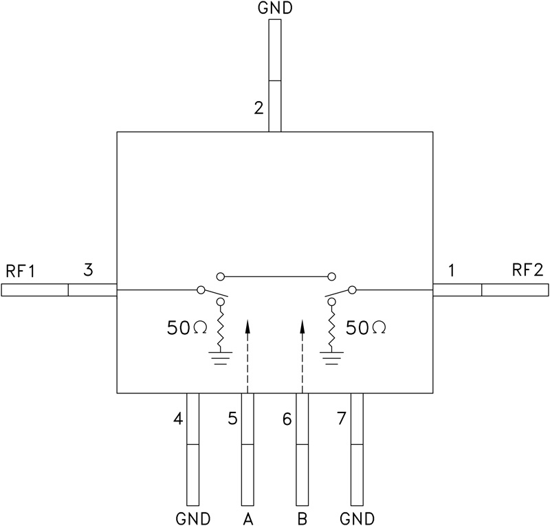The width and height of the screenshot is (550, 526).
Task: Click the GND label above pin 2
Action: pyautogui.click(x=274, y=8)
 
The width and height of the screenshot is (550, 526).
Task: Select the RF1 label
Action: pyautogui.click(x=21, y=270)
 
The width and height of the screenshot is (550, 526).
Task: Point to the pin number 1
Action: pyautogui.click(x=451, y=270)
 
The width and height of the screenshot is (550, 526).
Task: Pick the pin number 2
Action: pyautogui.click(x=258, y=108)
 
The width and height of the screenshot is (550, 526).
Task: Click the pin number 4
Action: pyautogui.click(x=178, y=418)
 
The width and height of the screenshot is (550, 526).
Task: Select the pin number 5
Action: pyautogui.click(x=233, y=418)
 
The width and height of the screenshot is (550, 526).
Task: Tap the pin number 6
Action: pyautogui.click(x=287, y=418)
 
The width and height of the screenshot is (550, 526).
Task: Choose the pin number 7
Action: pyautogui.click(x=342, y=418)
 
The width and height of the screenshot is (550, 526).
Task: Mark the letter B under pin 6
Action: pyautogui.click(x=302, y=518)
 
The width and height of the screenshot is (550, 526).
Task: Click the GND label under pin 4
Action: pyautogui.click(x=192, y=518)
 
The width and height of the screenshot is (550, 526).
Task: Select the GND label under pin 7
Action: pyautogui.click(x=357, y=518)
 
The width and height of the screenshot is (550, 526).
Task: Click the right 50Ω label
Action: pyautogui.click(x=365, y=328)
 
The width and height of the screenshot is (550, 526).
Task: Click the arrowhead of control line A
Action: pyautogui.click(x=247, y=325)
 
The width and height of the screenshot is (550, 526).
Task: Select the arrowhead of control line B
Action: pyautogui.click(x=302, y=325)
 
